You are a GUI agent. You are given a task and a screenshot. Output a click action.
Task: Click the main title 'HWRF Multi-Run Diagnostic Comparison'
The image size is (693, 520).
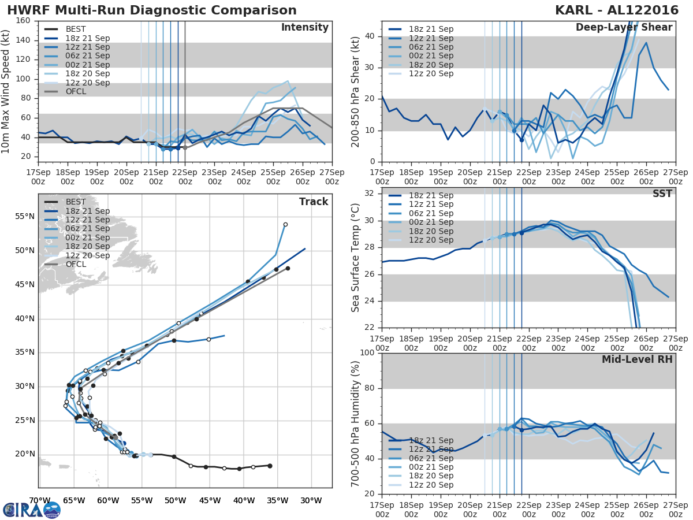pos(152,10)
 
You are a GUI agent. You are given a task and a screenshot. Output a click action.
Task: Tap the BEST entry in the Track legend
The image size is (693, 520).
pos(76,202)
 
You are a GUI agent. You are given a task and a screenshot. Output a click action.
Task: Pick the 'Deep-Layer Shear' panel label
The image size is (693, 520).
pos(624,28)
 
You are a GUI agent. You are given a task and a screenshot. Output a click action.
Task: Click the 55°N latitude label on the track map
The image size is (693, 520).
pos(25,217)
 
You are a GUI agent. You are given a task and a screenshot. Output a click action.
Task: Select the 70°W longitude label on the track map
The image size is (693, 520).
pos(39,500)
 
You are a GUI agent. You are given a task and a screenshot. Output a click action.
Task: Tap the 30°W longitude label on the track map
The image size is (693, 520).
pos(311,500)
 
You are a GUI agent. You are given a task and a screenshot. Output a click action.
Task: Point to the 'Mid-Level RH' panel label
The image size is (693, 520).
pos(637,359)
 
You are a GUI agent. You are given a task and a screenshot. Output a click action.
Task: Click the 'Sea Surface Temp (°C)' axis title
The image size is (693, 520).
pos(356,258)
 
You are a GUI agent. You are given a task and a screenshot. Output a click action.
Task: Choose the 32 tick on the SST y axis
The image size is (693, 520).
pos(370,193)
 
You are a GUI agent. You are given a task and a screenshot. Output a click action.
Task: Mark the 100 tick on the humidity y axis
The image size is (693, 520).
pos(367,352)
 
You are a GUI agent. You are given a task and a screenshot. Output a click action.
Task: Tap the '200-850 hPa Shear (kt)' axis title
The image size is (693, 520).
pos(356,91)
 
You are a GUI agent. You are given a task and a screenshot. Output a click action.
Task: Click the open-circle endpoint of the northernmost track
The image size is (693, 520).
pos(285,224)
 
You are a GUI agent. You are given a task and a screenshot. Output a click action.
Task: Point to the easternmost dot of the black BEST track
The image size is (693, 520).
pos(270,466)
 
